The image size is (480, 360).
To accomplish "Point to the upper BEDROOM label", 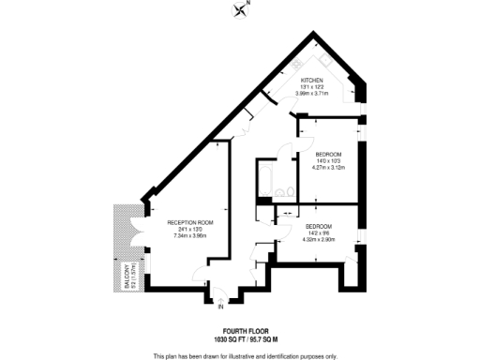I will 327,154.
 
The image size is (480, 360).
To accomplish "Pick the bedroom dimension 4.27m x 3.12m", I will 327,168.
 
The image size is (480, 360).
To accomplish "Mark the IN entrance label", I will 221,307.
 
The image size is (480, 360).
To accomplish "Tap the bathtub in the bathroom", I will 266,178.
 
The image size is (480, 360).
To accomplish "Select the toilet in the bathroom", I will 292,194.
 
